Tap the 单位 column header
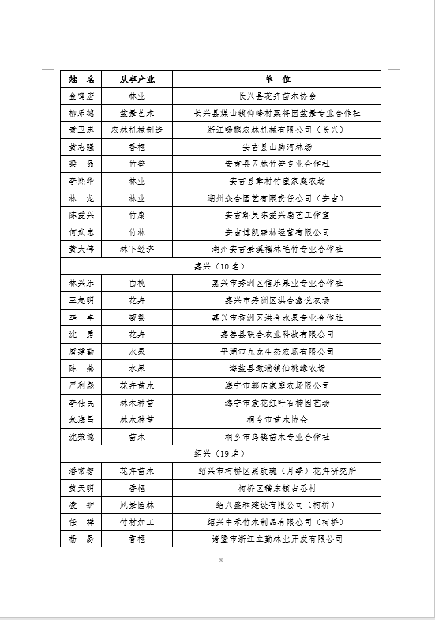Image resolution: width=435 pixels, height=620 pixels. [x=276, y=79]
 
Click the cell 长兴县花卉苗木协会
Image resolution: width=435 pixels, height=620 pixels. [x=276, y=96]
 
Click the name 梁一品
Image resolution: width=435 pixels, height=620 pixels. [x=81, y=163]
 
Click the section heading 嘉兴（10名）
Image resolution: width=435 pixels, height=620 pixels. [x=220, y=266]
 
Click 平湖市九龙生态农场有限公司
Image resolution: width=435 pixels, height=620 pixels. [x=276, y=351]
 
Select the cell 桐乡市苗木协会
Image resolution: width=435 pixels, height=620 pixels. [x=276, y=419]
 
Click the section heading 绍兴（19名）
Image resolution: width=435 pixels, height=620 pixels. [x=220, y=454]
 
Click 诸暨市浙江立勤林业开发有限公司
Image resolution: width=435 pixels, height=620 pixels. [x=276, y=539]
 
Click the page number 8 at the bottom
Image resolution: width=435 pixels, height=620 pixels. [x=221, y=559]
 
